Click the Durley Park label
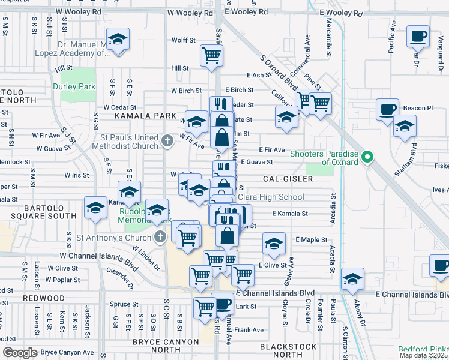click(74, 86)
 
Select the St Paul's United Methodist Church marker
click(167, 142)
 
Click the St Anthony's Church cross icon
click(159, 236)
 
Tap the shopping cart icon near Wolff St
click(211, 55)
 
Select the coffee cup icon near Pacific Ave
click(418, 36)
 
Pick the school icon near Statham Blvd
click(405, 126)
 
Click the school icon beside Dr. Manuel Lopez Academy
click(118, 40)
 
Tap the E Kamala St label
click(290, 213)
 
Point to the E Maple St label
click(311, 239)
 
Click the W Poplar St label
click(62, 280)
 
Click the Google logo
click(20, 353)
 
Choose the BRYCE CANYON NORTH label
click(165, 346)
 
